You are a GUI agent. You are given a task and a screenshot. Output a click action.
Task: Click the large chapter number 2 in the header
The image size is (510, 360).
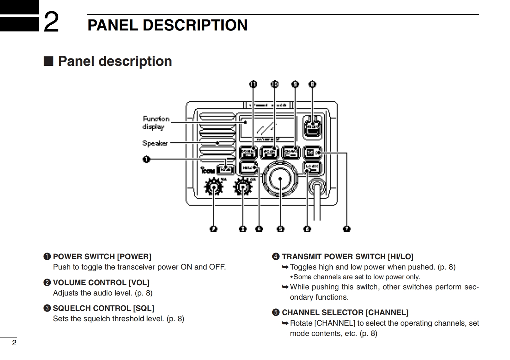(51, 22)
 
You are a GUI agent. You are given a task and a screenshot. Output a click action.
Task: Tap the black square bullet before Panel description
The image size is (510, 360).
(48, 61)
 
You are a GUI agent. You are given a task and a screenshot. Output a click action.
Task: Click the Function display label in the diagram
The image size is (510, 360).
(156, 123)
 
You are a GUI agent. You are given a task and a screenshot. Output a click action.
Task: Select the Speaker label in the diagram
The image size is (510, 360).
(155, 143)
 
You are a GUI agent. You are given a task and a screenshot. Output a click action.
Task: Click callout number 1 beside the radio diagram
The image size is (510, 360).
(146, 159)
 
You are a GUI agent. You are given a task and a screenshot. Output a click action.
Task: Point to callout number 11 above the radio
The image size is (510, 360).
(253, 84)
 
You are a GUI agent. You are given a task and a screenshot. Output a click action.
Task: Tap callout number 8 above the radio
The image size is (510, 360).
(312, 84)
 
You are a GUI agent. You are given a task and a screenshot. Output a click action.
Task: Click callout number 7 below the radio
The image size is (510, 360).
(347, 229)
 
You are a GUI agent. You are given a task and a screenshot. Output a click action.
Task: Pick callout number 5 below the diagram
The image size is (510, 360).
(281, 229)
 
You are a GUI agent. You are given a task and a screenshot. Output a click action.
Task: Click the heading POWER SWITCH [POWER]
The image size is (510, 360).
(102, 257)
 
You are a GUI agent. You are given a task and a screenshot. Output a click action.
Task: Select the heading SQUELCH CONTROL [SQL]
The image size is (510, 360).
(103, 308)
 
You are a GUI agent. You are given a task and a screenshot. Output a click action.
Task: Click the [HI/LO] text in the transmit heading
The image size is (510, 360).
(400, 257)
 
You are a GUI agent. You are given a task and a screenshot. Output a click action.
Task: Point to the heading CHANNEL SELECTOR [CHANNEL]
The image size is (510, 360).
(345, 313)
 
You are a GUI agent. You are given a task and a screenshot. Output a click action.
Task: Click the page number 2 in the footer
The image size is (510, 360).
(14, 343)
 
